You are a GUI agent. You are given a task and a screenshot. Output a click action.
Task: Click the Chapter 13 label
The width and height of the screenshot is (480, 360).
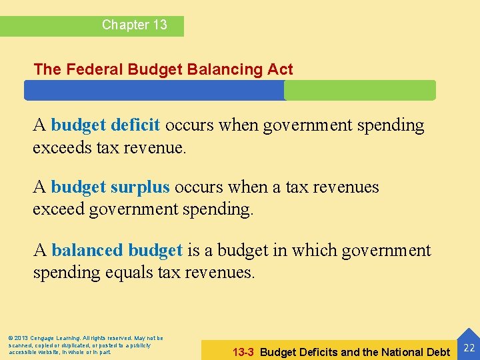pos(134,25)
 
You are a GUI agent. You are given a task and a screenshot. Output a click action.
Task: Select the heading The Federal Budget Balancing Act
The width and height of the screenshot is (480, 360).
pos(163,69)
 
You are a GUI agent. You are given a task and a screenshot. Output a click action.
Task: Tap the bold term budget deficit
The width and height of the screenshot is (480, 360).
pos(105,125)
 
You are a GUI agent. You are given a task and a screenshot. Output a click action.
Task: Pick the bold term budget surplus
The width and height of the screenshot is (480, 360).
pos(110,187)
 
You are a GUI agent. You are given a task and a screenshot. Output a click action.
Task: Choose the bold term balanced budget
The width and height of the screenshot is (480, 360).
pos(117,250)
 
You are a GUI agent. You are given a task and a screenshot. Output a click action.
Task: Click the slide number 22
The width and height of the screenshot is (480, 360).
pos(469,347)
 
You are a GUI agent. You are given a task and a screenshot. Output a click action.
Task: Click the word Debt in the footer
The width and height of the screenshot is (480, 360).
pos(437,352)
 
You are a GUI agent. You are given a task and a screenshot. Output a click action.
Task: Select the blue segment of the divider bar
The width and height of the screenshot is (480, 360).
pos(154,90)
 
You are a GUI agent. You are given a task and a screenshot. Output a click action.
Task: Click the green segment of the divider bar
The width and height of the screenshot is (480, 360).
pos(360,90)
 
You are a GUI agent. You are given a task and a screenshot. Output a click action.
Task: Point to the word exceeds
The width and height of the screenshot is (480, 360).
pos(62,147)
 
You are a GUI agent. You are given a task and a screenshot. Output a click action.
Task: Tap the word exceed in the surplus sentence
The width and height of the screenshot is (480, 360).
pos(58,210)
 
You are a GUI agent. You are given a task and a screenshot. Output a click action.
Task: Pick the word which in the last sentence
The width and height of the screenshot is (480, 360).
pos(313,250)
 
